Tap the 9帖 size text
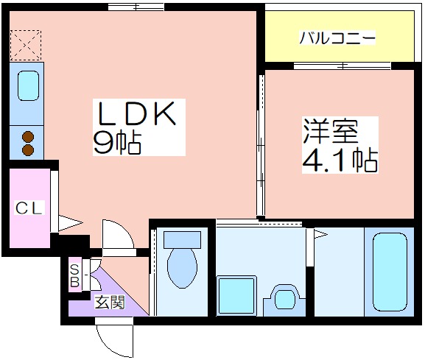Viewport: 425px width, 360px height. (x=117, y=143)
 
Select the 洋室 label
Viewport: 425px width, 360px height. (x=331, y=131)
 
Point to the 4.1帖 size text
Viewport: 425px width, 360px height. (x=340, y=160)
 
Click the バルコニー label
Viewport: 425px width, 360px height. (x=337, y=38)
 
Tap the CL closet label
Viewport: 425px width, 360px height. (x=29, y=208)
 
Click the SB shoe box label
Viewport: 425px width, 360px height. (x=74, y=276)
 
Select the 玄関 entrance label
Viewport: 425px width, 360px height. (x=110, y=302)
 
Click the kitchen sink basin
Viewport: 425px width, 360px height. (x=28, y=86)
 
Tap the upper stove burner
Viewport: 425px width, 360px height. (x=28, y=137)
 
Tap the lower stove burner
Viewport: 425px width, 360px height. (x=28, y=150)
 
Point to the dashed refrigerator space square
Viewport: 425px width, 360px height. (x=26, y=45)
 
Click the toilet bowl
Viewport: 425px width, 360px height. (x=182, y=268)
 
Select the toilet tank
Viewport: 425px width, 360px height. (x=182, y=239)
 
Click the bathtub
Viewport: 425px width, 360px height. (x=390, y=272)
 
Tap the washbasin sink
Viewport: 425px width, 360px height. (x=284, y=300)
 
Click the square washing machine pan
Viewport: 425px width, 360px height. (x=236, y=296)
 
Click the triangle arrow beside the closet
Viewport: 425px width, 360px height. (x=71, y=223)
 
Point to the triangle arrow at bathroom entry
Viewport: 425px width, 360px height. (x=320, y=234)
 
